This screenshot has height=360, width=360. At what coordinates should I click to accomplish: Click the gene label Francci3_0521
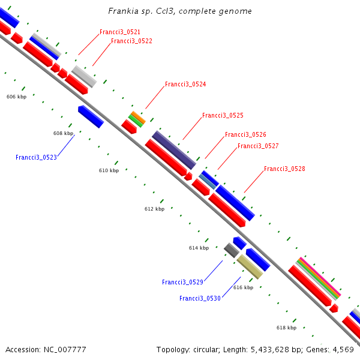tap(120, 32)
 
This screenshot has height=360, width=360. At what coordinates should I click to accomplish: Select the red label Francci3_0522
tap(131, 41)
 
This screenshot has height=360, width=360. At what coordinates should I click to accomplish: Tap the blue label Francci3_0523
tap(36, 157)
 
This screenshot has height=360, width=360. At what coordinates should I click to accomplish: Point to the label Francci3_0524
tap(185, 85)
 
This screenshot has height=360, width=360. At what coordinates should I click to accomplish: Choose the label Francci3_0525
tap(223, 115)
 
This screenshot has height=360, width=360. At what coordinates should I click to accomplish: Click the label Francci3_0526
tap(245, 135)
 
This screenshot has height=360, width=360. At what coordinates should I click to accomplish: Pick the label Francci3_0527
tap(258, 146)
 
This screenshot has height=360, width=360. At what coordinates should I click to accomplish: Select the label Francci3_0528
tap(284, 169)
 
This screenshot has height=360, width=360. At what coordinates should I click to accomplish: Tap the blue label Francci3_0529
tap(182, 282)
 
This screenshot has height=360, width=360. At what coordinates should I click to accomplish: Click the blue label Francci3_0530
tap(200, 298)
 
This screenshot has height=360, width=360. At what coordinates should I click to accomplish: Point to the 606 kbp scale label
tap(16, 97)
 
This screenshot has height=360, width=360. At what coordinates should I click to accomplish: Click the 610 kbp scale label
tap(109, 170)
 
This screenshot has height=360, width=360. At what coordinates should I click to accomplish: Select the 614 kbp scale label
tap(199, 248)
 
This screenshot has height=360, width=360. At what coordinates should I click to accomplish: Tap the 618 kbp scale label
tap(286, 328)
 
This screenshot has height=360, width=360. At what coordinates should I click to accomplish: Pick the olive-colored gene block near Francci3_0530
tap(249, 266)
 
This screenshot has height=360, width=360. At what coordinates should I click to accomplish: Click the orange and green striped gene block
tap(137, 118)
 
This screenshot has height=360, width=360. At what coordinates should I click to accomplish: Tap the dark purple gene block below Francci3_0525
tap(174, 149)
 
